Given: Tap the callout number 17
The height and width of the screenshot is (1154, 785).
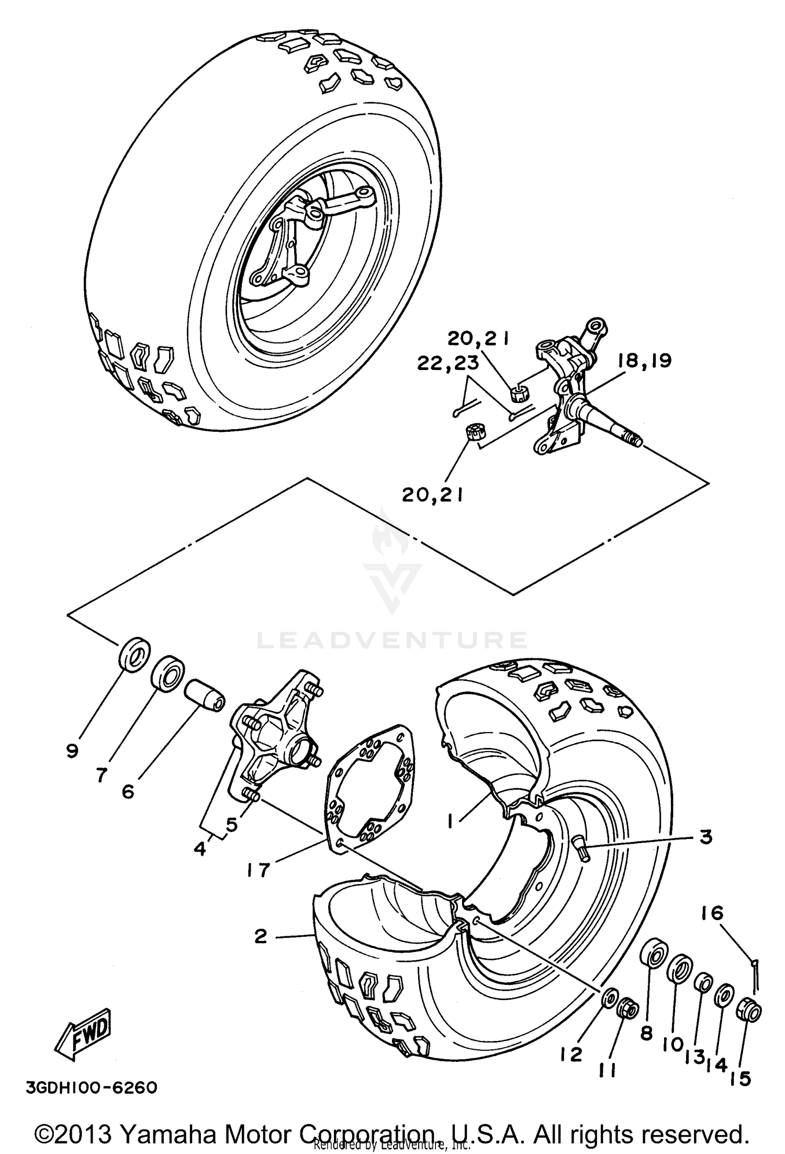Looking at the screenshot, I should click(x=258, y=869).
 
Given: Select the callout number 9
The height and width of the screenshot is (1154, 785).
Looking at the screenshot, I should click(x=72, y=751).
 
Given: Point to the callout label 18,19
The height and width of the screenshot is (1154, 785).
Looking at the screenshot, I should click(x=644, y=361).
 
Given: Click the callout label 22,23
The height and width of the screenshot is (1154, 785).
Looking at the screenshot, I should click(x=447, y=363).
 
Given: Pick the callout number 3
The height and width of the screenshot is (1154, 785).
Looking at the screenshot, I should click(x=706, y=837).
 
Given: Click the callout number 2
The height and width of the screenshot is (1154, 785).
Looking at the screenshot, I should click(x=261, y=936).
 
